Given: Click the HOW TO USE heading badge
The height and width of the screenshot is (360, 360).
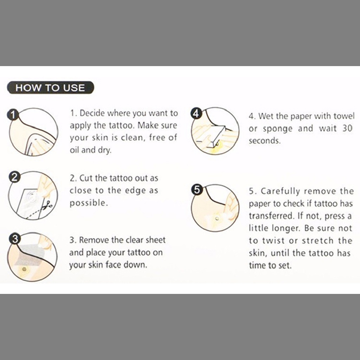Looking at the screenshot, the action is click(51, 88).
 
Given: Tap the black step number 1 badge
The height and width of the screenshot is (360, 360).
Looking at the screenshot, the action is click(13, 114).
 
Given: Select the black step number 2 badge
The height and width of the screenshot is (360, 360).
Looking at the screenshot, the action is click(14, 177).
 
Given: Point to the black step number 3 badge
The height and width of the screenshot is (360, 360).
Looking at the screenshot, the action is click(14, 239).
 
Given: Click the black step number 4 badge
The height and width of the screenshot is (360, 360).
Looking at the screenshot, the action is click(196, 113).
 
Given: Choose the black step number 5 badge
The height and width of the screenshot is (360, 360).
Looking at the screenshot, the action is click(197, 190).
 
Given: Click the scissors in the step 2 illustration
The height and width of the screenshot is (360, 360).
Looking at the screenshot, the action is click(47, 205).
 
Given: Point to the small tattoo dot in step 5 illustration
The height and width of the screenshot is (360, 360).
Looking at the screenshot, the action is click(217, 219).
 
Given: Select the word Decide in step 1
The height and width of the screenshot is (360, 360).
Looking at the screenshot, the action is click(92, 113).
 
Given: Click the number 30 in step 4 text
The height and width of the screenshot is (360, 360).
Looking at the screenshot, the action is click(347, 128).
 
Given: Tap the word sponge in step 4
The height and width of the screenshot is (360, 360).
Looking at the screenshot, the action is click(278, 129).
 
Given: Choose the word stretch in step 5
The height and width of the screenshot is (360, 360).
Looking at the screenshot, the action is click(317, 240).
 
